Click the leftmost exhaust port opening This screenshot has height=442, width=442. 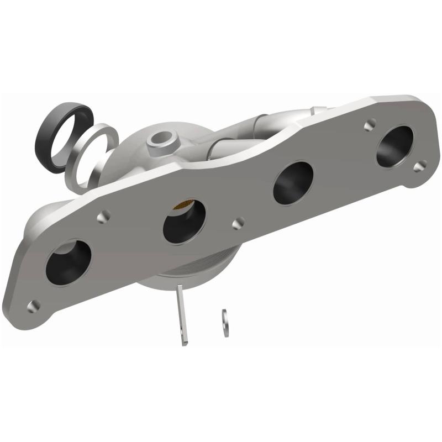point(69,262)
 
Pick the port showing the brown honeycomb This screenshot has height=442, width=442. point(185,220)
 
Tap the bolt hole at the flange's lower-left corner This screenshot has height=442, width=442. point(33,304)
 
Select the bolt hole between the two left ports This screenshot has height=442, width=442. point(103,217)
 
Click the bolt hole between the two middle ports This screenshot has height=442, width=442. point(238,223)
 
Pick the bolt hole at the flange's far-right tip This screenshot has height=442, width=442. point(420,165)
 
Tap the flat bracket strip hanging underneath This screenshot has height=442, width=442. point(182,315)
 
